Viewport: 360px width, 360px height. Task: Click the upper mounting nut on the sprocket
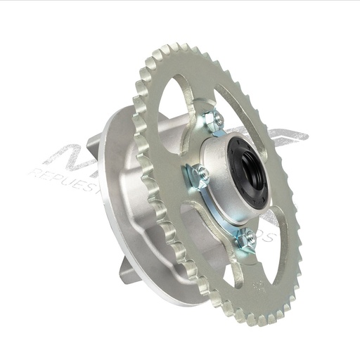pyautogui.click(x=214, y=120)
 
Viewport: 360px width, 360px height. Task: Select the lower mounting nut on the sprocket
pyautogui.click(x=244, y=238)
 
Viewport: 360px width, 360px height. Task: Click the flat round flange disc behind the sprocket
pyautogui.click(x=120, y=232)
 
